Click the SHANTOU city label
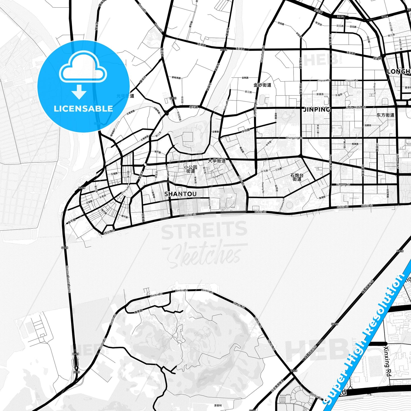180,194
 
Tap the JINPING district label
317,110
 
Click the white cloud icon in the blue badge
83,68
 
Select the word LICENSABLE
83,109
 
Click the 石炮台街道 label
297,177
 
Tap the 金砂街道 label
262,85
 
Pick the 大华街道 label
217,161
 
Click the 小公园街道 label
191,169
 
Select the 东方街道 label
385,115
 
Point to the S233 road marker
173,98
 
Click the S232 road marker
224,49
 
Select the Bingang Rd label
343,185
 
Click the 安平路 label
72,221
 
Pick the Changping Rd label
294,138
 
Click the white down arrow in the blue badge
79,92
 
